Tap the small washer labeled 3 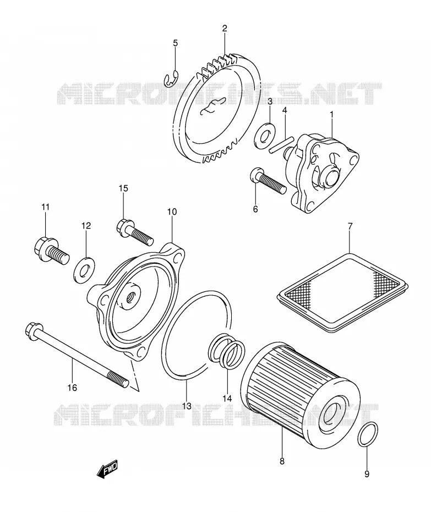tap(264, 135)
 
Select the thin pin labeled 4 tap(281, 145)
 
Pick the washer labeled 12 tap(84, 270)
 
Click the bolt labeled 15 tap(134, 232)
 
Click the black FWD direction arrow tap(107, 470)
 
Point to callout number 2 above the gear tap(225, 29)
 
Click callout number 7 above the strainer tap(350, 226)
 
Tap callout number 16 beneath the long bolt tap(72, 388)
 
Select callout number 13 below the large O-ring tap(187, 406)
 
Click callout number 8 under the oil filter tap(282, 461)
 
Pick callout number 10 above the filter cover tap(172, 211)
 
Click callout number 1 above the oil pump tap(331, 115)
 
